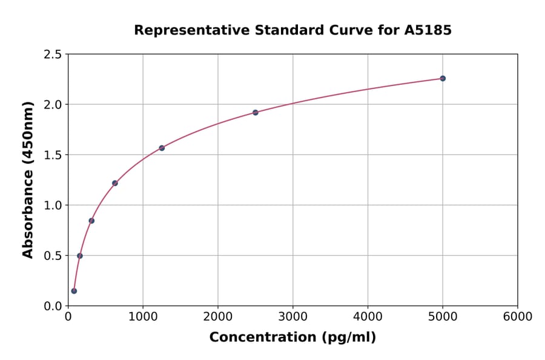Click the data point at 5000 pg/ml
pyautogui.click(x=443, y=78)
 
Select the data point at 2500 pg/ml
pyautogui.click(x=256, y=113)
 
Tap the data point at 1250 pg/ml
pyautogui.click(x=162, y=148)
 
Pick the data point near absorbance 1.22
pyautogui.click(x=115, y=183)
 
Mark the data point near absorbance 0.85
pyautogui.click(x=91, y=221)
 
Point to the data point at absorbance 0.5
pyautogui.click(x=80, y=256)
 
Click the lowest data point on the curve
pyautogui.click(x=74, y=291)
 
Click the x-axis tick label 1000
pyautogui.click(x=143, y=317)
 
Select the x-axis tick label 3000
pyautogui.click(x=293, y=317)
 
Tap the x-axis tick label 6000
pyautogui.click(x=518, y=317)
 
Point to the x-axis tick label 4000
pyautogui.click(x=368, y=317)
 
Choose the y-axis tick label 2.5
pyautogui.click(x=53, y=55)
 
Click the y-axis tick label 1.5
pyautogui.click(x=53, y=155)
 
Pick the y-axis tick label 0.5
pyautogui.click(x=53, y=256)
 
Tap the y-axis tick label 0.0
pyautogui.click(x=53, y=306)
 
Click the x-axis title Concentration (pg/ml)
pyautogui.click(x=292, y=338)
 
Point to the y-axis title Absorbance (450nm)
pyautogui.click(x=28, y=179)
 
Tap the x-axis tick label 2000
pyautogui.click(x=218, y=317)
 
